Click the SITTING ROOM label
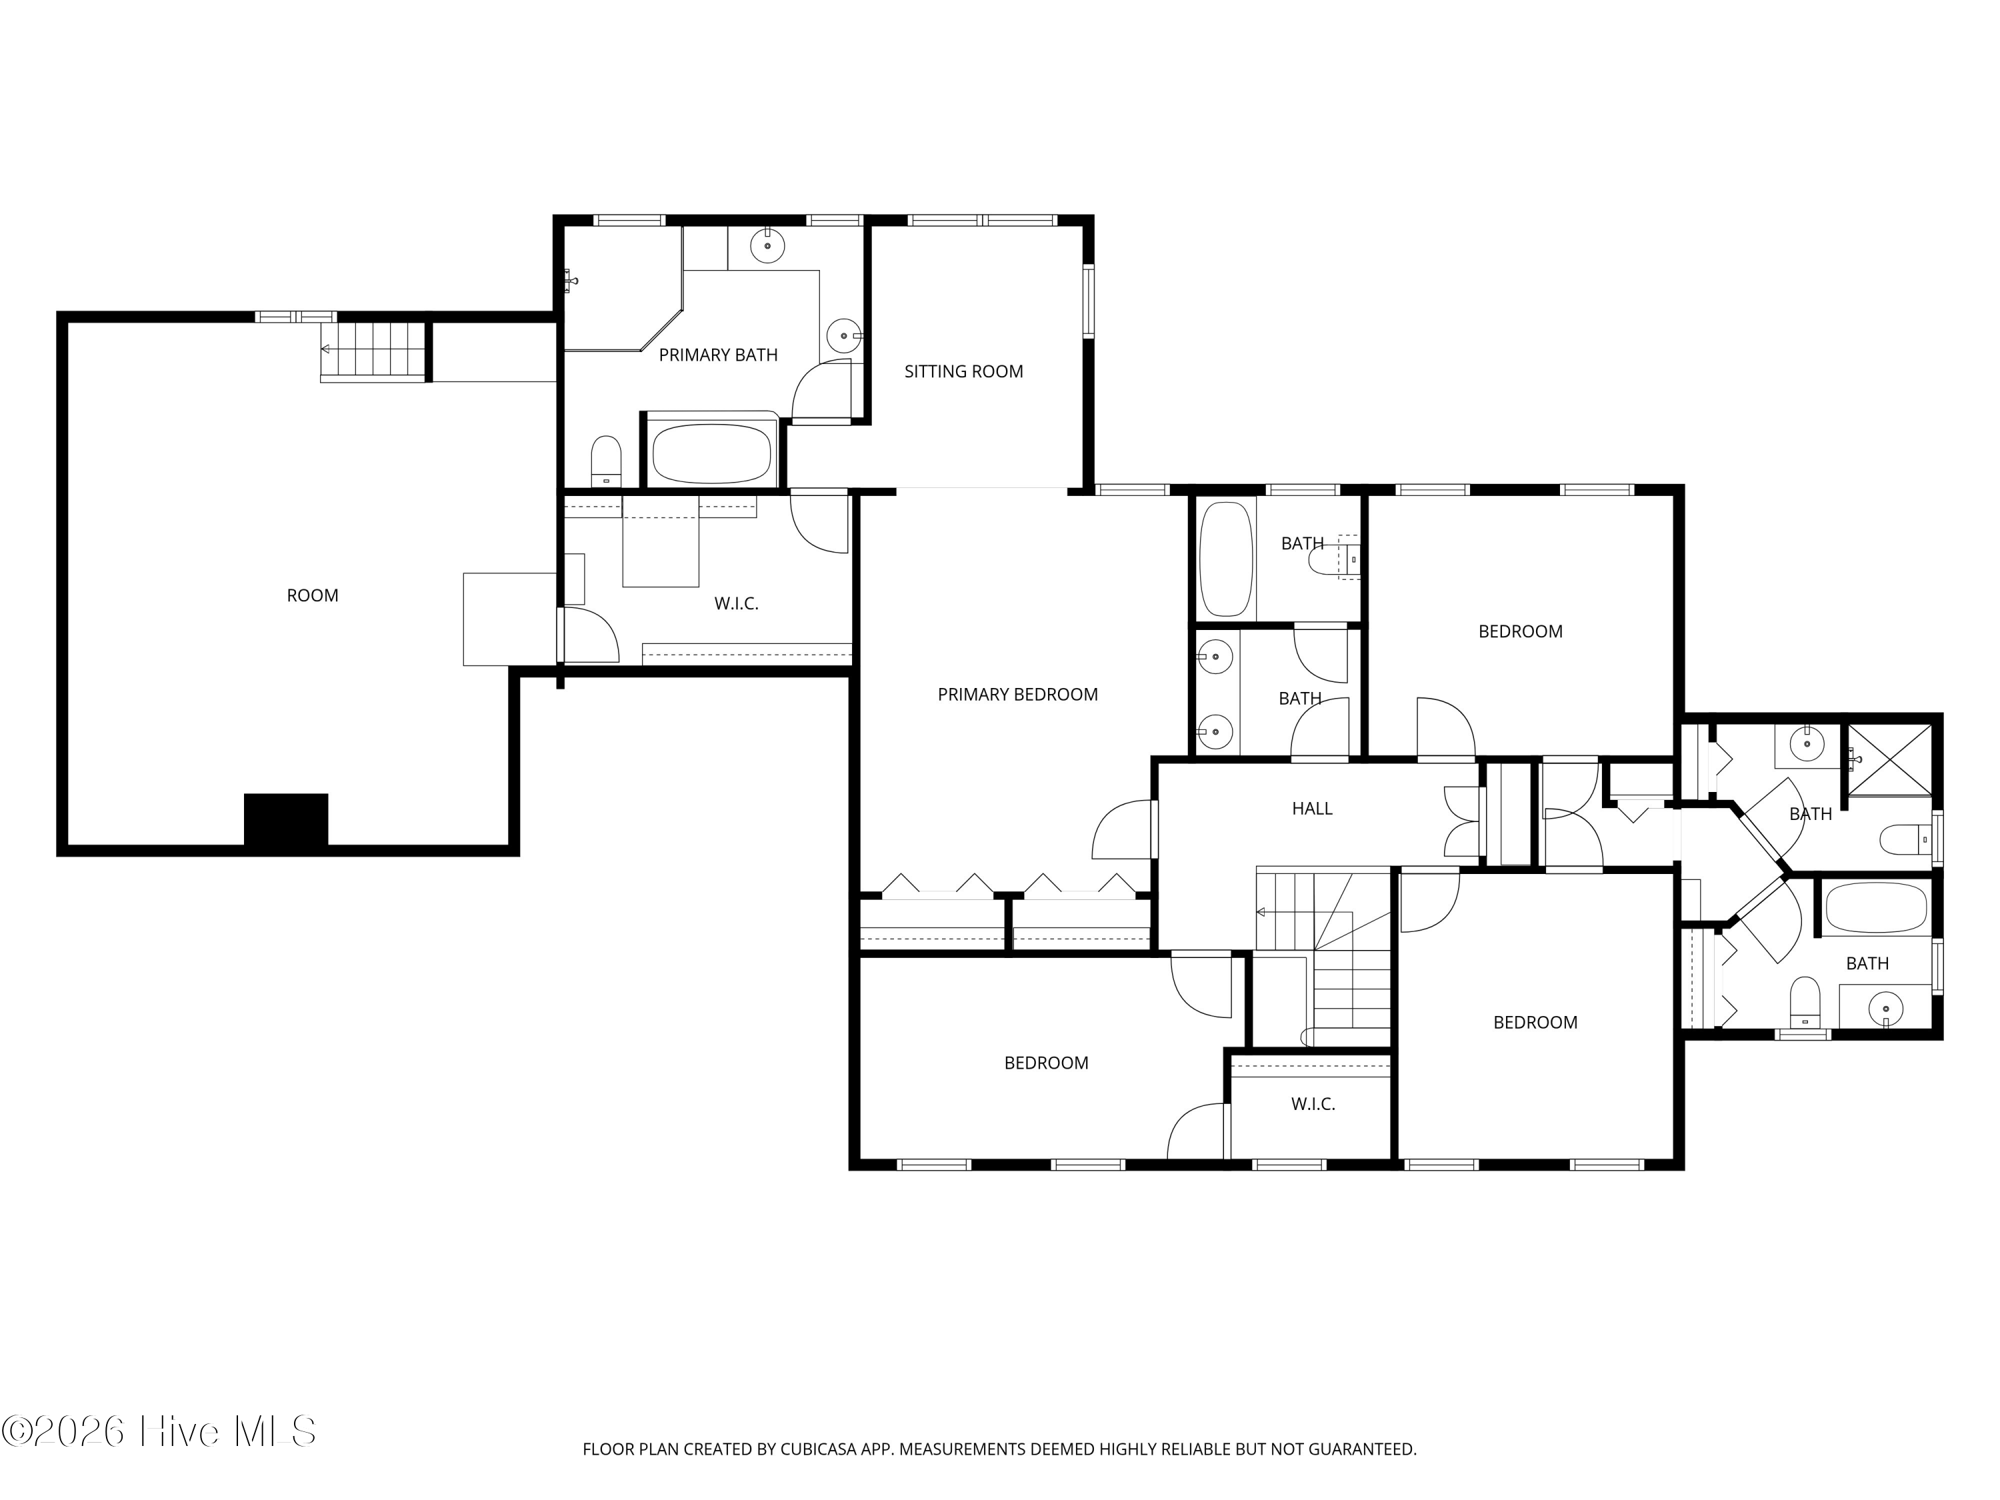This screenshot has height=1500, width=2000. (964, 371)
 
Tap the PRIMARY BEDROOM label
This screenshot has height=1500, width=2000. (1017, 695)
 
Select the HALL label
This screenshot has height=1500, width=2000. (1312, 808)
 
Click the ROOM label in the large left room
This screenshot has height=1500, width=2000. (313, 596)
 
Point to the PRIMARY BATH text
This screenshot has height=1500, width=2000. (718, 355)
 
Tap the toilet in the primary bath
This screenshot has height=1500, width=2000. (606, 461)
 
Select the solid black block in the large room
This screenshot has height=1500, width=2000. (286, 820)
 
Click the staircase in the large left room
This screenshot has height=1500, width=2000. (373, 351)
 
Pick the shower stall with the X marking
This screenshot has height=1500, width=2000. (1888, 759)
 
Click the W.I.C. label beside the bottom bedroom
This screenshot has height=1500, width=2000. (1313, 1104)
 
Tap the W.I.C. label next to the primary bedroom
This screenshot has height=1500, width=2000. (736, 604)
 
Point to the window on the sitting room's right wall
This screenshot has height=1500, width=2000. (1089, 301)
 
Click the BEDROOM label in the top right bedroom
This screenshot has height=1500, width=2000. (1520, 632)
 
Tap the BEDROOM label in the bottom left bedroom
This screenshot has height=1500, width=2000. (1046, 1063)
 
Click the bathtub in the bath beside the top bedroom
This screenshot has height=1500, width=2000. (1226, 559)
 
